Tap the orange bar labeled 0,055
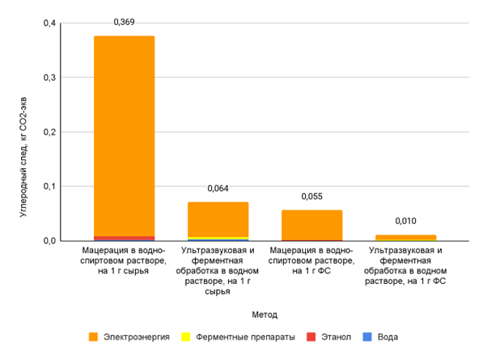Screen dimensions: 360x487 pyautogui.click(x=311, y=224)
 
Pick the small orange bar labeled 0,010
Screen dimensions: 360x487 pyautogui.click(x=405, y=237)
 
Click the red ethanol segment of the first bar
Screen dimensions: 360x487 pyautogui.click(x=124, y=238)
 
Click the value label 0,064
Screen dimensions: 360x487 pyautogui.click(x=218, y=188)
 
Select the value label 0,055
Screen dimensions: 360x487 pyautogui.click(x=311, y=197)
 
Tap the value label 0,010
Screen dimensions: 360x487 pyautogui.click(x=405, y=221)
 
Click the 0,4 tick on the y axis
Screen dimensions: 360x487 pyautogui.click(x=50, y=23)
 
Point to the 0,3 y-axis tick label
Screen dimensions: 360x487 pyautogui.click(x=50, y=78)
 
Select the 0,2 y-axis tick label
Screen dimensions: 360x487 pyautogui.click(x=50, y=132)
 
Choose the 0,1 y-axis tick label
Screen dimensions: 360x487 pyautogui.click(x=50, y=186)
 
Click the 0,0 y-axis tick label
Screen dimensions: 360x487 pyautogui.click(x=50, y=240)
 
